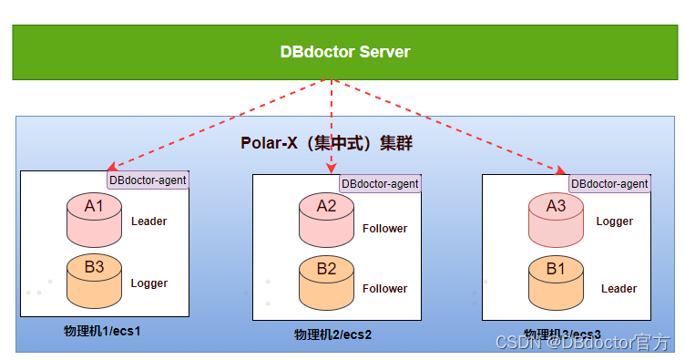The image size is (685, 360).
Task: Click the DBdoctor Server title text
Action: (x=344, y=52)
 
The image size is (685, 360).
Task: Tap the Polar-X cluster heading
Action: (x=332, y=143)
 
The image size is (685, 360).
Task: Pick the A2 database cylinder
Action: (x=326, y=220)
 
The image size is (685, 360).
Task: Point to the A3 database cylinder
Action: (x=556, y=220)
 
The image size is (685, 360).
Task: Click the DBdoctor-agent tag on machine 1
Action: (x=148, y=180)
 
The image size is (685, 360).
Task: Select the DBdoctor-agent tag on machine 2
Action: (x=380, y=184)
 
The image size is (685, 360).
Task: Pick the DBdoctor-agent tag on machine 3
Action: (x=609, y=184)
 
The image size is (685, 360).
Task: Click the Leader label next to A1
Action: (x=149, y=221)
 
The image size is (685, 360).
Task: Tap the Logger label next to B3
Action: (x=149, y=283)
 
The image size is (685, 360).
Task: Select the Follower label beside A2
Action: (x=384, y=229)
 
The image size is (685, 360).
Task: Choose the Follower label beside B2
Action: (x=384, y=289)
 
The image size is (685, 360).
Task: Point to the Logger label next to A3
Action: (x=615, y=221)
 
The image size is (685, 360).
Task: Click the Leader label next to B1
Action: (x=619, y=289)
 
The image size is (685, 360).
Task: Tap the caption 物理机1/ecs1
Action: (x=102, y=330)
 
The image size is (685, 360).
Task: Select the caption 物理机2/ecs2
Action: (x=333, y=334)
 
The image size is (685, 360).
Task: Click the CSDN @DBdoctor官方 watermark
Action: (x=583, y=343)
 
